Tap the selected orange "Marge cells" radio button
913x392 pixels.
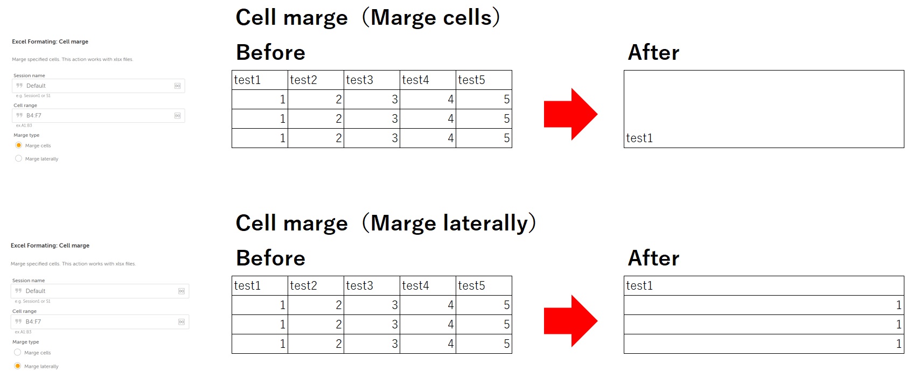(18, 145)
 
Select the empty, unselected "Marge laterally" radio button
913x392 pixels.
(18, 158)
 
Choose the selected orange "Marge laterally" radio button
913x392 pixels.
(18, 366)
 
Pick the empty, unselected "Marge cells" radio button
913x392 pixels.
(18, 353)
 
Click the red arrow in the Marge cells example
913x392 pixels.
(570, 114)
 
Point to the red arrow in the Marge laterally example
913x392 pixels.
(570, 321)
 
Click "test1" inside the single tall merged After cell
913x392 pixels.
(639, 138)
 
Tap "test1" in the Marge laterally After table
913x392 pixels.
(639, 285)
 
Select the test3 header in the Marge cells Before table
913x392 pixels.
(359, 80)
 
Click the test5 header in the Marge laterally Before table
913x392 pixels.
(471, 285)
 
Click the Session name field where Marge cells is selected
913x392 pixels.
(98, 86)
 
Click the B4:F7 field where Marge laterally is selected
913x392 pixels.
(100, 321)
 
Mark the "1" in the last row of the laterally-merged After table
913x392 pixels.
(898, 344)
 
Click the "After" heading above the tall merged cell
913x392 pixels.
(653, 53)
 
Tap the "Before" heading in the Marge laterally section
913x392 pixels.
(270, 258)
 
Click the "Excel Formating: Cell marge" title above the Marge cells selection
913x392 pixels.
(50, 41)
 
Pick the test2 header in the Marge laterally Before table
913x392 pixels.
(303, 285)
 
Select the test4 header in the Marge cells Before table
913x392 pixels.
(415, 80)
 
